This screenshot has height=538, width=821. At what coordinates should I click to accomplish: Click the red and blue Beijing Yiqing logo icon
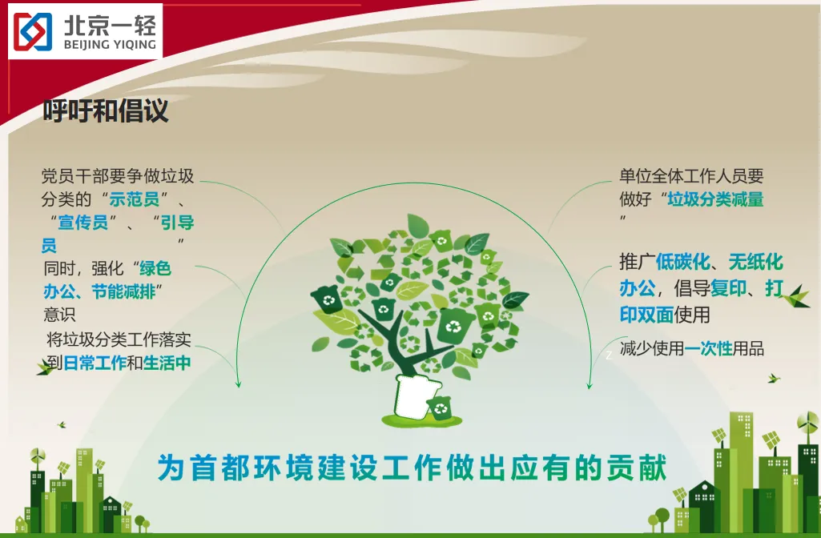(33, 31)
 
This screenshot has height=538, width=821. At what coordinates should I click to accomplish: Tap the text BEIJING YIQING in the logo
(110, 45)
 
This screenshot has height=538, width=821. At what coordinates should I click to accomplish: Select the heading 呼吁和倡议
(106, 110)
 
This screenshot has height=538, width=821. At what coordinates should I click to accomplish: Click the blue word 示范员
(135, 199)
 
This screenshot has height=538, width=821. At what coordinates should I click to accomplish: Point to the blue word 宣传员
(83, 222)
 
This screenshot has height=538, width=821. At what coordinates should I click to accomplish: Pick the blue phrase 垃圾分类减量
(715, 199)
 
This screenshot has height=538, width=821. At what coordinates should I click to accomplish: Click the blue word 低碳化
(682, 261)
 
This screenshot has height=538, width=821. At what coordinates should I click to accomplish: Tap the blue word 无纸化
(755, 261)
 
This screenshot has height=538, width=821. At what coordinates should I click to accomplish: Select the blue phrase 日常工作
(95, 363)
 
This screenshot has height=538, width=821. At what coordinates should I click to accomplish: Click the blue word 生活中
(167, 363)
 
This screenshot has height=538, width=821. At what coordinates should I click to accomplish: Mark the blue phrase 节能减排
(123, 291)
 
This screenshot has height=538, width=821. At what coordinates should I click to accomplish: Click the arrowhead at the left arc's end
(238, 383)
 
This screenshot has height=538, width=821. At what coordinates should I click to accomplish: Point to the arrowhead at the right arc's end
(589, 384)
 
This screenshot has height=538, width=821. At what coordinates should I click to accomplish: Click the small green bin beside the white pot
(439, 408)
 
